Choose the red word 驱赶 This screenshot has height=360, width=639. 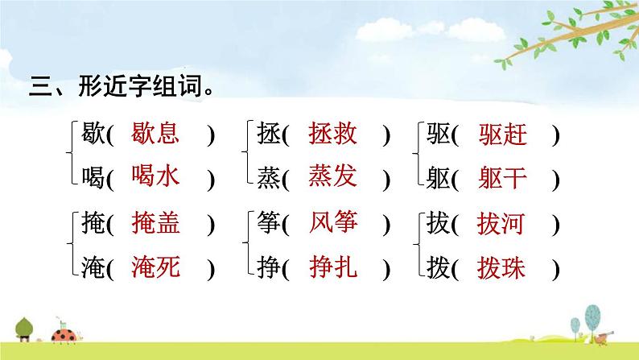(502, 134)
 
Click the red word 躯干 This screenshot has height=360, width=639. (502, 176)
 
